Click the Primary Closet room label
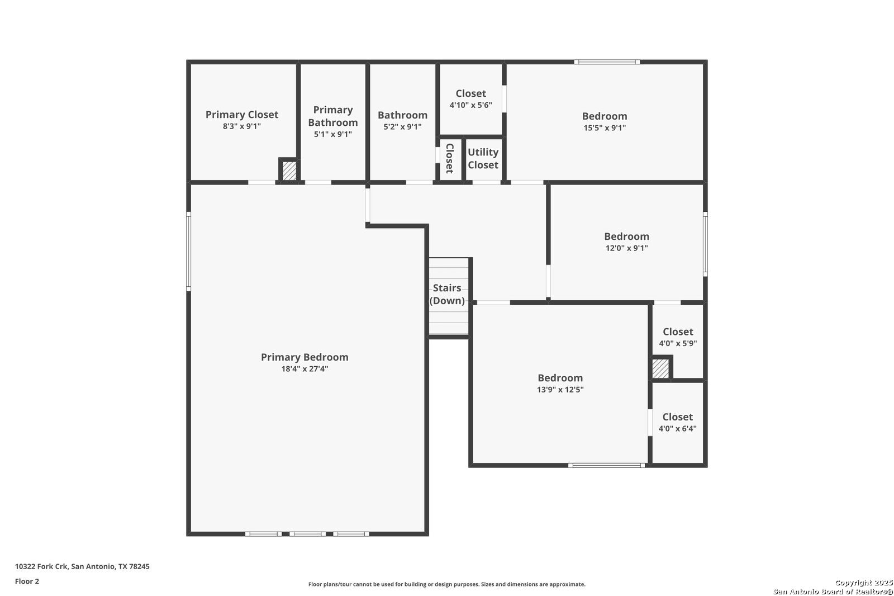[x=242, y=115]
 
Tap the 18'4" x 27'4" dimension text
[x=305, y=368]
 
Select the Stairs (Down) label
[x=447, y=294]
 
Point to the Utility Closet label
[x=483, y=159]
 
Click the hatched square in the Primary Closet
[x=289, y=171]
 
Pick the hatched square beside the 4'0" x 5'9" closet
[x=660, y=368]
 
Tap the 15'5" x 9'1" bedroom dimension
[x=605, y=128]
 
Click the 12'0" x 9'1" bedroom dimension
[x=626, y=248]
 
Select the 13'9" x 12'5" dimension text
[x=560, y=390]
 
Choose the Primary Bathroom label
[x=333, y=116]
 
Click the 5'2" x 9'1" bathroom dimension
[x=403, y=126]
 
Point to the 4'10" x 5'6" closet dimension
[x=471, y=105]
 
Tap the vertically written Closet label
[x=450, y=158]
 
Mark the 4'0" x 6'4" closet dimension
[x=678, y=429]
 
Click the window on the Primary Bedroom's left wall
[x=189, y=252]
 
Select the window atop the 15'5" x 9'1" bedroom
[x=607, y=62]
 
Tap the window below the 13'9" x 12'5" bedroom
[x=607, y=465]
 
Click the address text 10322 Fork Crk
[x=41, y=566]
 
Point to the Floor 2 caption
[x=27, y=581]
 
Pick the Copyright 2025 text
[x=864, y=583]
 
